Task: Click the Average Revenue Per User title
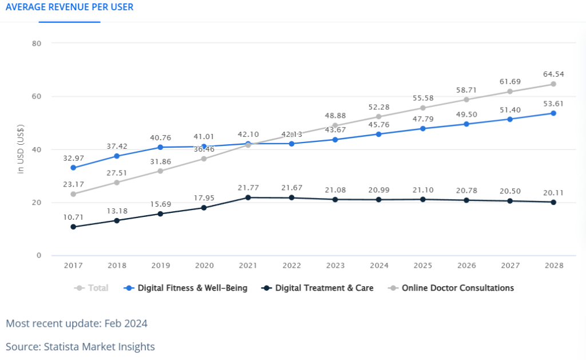[x=69, y=7]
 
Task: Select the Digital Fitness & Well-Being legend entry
[x=185, y=288]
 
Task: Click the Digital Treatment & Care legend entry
[x=317, y=288]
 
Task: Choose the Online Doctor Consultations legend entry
[x=451, y=288]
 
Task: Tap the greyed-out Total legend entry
[x=91, y=288]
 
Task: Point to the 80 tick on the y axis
[x=37, y=43]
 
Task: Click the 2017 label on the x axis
[x=73, y=266]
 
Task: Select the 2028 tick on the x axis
[x=554, y=266]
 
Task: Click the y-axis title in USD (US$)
[x=21, y=149]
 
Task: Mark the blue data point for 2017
[x=73, y=168]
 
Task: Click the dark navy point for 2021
[x=248, y=197]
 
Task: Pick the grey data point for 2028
[x=553, y=84]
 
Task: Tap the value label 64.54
[x=553, y=74]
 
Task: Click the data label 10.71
[x=73, y=217]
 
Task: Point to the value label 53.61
[x=553, y=104]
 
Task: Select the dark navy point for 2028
[x=553, y=202]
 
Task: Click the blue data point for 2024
[x=379, y=134]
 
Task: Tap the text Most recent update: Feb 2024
[x=77, y=323]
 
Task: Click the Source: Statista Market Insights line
[x=80, y=346]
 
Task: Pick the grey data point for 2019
[x=160, y=171]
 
